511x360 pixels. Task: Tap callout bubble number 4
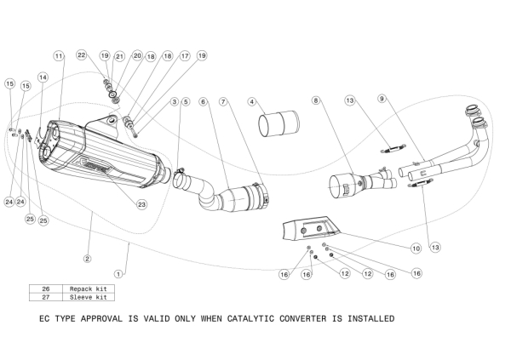252,102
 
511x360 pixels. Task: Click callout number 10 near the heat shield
416,249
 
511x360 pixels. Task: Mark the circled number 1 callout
119,274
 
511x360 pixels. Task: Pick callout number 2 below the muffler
87,256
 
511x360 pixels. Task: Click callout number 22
82,55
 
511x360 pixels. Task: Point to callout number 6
204,102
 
